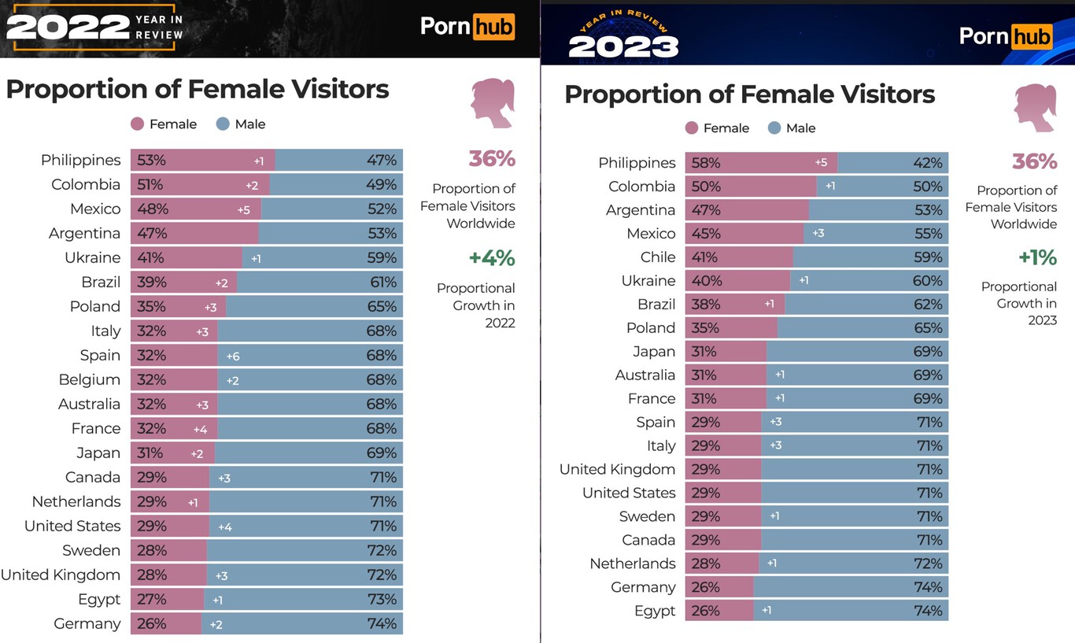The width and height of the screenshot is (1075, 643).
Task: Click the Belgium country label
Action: pos(89,379)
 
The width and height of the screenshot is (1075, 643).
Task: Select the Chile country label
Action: pos(658,257)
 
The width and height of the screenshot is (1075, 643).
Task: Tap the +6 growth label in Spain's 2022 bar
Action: pos(233,356)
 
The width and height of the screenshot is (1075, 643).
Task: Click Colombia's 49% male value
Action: pos(382,185)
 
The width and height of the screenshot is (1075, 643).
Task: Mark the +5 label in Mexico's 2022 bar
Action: pos(243,209)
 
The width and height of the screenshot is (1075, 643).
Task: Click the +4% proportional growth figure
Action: pos(491,258)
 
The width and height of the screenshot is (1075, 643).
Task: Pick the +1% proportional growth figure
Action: pos(1036,258)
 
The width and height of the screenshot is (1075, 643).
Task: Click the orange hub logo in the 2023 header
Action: pos(1030,36)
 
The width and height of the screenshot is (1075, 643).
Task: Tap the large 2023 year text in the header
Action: pos(623,46)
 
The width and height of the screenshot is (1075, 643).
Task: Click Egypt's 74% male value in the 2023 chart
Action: pos(928,611)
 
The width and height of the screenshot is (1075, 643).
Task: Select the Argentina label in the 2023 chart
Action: pos(641,210)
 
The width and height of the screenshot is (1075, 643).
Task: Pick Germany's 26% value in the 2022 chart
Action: pos(151,624)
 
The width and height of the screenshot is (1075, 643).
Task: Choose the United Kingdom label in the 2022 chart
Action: pos(61,575)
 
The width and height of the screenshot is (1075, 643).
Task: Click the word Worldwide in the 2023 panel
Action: pos(1023,224)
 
